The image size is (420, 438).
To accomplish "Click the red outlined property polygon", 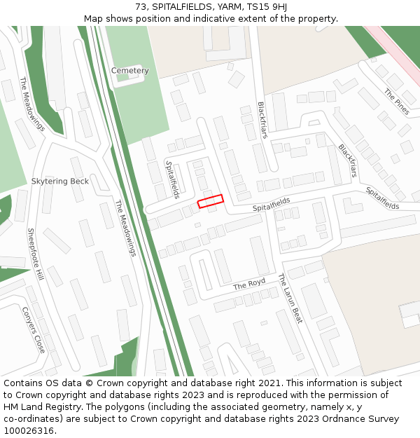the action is click(x=211, y=201).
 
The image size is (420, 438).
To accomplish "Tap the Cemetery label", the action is click(x=129, y=71).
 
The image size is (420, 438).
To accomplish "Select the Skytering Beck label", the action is click(x=60, y=181).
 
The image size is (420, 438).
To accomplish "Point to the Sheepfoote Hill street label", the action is click(x=36, y=254).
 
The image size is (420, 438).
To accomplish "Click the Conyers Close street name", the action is click(x=34, y=329).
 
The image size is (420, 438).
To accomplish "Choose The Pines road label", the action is click(x=396, y=102).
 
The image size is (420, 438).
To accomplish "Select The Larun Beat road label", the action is click(x=290, y=298).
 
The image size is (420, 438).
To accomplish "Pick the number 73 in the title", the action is click(x=141, y=7).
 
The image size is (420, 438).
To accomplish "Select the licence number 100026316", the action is click(x=30, y=431).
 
